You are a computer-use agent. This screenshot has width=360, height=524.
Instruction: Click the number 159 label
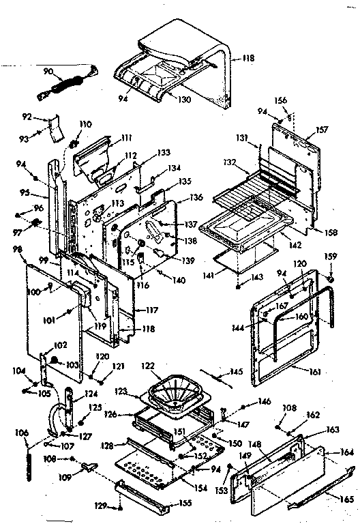click(x=331, y=258)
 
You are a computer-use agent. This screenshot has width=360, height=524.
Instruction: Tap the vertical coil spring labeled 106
click(x=29, y=456)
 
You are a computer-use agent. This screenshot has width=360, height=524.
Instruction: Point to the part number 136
click(x=197, y=198)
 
